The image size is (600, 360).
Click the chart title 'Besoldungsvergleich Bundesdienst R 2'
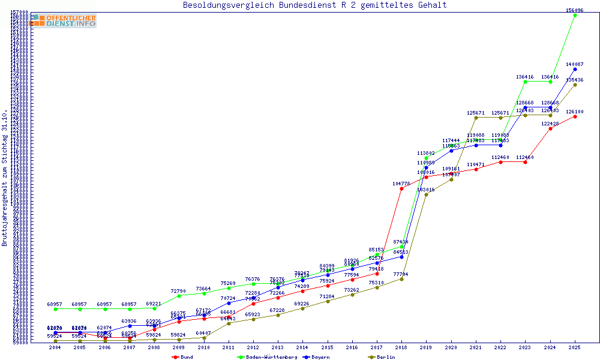point(314,5)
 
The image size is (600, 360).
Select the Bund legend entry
point(182,357)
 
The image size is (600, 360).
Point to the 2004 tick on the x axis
point(55,347)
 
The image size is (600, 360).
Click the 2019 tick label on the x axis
point(426,347)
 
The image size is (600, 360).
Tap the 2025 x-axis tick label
point(575,347)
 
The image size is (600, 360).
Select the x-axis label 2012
point(253,347)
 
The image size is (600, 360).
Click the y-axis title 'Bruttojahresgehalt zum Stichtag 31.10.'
point(5,178)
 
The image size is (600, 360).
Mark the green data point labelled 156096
point(575,15)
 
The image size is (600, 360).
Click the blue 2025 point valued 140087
point(575,69)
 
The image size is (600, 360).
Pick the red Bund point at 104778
point(401,188)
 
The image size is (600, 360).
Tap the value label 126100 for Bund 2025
point(575,112)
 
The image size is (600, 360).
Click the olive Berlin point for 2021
point(476,118)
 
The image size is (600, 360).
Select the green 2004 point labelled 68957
point(55,309)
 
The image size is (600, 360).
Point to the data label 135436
point(575,80)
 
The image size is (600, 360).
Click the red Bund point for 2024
point(550,128)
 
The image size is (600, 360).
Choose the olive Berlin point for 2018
point(401,279)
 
